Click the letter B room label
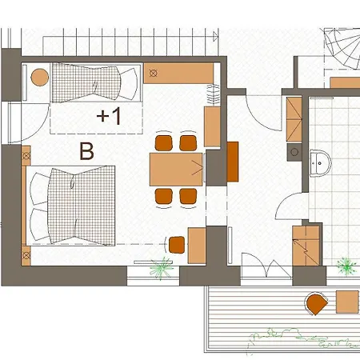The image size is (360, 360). (x=87, y=151)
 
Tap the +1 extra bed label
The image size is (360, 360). (x=109, y=116)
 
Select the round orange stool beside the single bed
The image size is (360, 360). (x=40, y=78)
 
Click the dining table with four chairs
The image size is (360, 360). (x=176, y=170)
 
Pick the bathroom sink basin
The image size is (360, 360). (x=320, y=163)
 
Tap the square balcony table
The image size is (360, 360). (x=347, y=302)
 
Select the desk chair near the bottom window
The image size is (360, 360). (x=177, y=245)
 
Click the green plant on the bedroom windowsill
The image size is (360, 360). (x=161, y=268)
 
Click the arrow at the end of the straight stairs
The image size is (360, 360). (x=215, y=36)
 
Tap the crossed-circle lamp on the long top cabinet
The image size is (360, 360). (x=153, y=73)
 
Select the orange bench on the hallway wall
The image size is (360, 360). (x=233, y=162)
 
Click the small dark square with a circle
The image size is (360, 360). (x=294, y=152)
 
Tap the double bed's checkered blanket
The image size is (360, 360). (x=82, y=206)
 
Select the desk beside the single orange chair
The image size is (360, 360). (x=197, y=246)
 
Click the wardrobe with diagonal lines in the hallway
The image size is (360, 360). (x=294, y=119)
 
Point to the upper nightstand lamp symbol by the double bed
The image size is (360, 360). (x=26, y=156)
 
